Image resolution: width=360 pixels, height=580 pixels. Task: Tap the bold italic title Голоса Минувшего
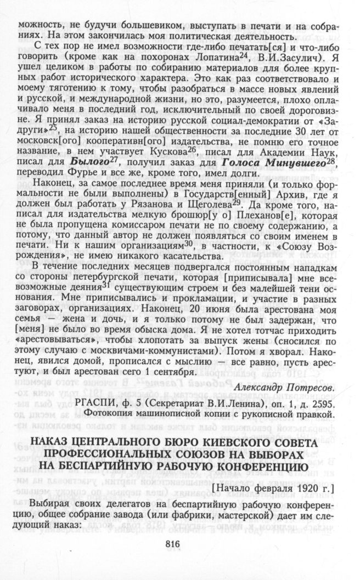(262, 162)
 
